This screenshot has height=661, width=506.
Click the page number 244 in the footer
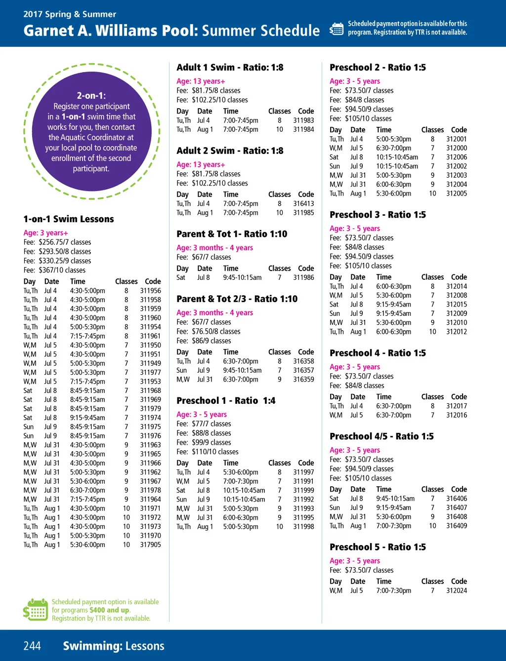pos(32,646)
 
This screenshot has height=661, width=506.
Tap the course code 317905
pos(150,544)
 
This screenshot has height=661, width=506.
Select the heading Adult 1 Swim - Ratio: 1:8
pos(230,67)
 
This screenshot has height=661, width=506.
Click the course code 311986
pos(303,277)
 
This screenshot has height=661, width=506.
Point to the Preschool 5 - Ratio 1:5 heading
pos(378,547)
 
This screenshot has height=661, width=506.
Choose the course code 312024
pos(456,590)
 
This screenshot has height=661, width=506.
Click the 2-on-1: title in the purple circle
pos(91,95)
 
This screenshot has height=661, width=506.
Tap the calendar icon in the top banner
pos(337,29)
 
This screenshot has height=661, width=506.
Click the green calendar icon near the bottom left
pos(36,610)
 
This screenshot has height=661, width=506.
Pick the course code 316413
pos(303,203)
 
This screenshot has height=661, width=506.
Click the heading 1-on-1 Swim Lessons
pos(69,219)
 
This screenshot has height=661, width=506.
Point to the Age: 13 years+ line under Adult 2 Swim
pos(201,164)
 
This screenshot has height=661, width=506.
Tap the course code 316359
pos(303,380)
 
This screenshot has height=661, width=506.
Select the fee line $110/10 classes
pos(208,452)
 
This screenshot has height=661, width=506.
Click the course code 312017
pos(456,406)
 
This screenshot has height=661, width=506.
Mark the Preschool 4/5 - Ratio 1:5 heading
pos(381,436)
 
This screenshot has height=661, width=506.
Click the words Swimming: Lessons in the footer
pos(113,646)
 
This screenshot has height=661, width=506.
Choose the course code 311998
pos(303,527)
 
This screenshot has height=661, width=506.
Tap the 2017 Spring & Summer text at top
pos(70,14)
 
